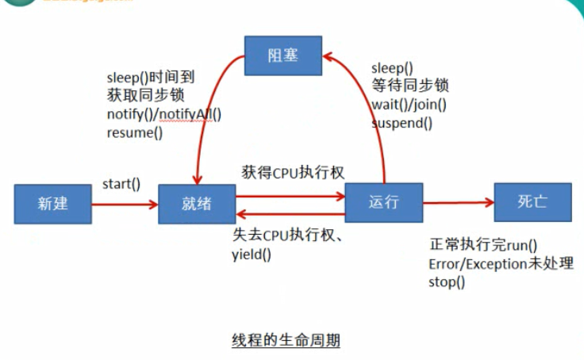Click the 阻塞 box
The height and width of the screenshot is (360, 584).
pos(282,56)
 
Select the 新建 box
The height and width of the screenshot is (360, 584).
pos(52,203)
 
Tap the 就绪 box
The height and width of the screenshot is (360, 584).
pos(196,203)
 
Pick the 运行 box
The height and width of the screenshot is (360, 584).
pos(383,201)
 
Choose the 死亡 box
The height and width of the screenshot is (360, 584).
pos(532,201)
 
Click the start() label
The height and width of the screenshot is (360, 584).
pos(121,184)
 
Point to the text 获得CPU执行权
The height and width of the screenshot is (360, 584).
pos(293,172)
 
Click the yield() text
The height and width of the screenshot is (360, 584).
pos(251,255)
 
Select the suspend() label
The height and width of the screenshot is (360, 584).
pos(402,123)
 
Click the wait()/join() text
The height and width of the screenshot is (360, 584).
pos(409,105)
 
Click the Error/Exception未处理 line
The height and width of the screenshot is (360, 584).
pos(501,263)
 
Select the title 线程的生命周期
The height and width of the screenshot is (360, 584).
pos(286,342)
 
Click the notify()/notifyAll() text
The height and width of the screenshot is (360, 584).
pos(164,113)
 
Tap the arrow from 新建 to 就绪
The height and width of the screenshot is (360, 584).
pos(125,205)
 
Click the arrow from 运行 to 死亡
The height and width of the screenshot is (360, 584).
pos(458,203)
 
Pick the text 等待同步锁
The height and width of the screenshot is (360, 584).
pos(410,86)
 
